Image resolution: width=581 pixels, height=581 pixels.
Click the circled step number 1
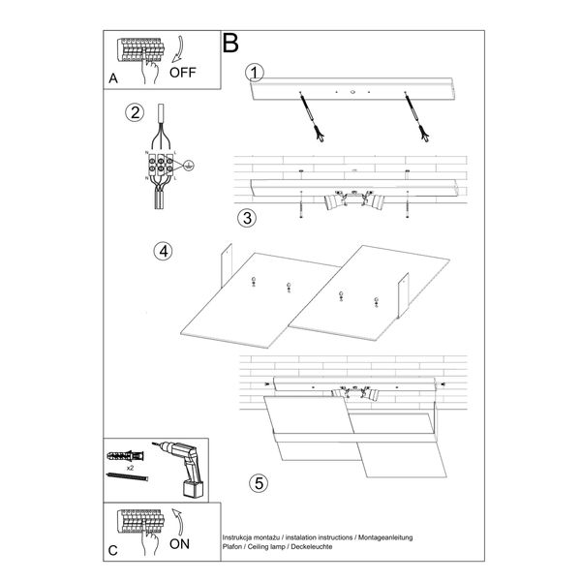(254, 73)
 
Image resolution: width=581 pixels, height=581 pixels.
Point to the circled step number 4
(164, 251)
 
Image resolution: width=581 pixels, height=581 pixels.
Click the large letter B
(230, 43)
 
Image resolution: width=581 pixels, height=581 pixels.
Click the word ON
(181, 543)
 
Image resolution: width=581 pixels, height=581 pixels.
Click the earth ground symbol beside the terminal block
(190, 167)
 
